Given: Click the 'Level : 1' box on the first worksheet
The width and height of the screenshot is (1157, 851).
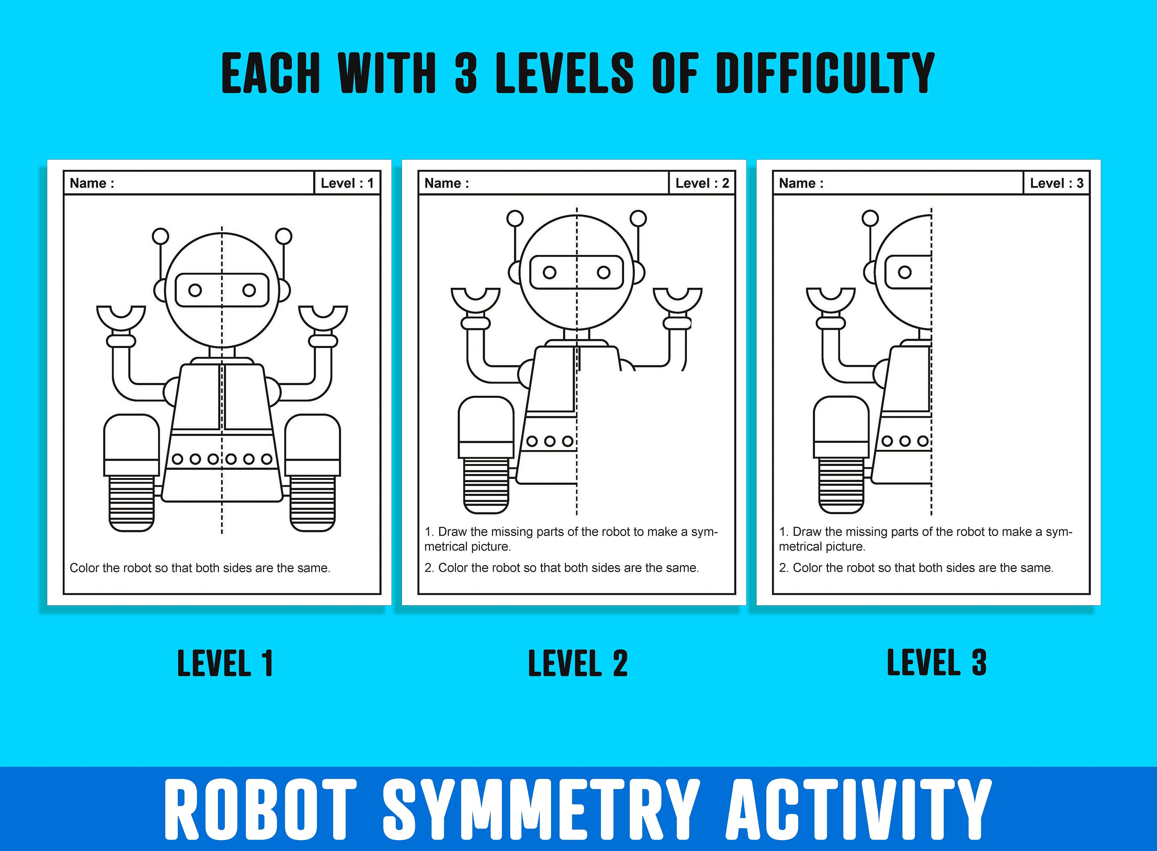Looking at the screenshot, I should point(347,183).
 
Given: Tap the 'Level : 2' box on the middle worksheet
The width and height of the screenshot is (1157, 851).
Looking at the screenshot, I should point(702,183).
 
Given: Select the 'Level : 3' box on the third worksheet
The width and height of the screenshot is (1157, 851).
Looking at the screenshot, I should point(1056,183).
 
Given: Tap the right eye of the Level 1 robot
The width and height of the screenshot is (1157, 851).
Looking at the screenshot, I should point(249,290).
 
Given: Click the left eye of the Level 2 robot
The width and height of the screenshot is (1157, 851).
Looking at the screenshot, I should point(550,272).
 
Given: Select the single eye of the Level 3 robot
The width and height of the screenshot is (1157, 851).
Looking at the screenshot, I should point(904,272).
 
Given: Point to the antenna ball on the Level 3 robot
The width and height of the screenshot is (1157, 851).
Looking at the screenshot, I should point(870,218).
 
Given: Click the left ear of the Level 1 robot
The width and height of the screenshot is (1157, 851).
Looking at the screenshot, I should point(160,290).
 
